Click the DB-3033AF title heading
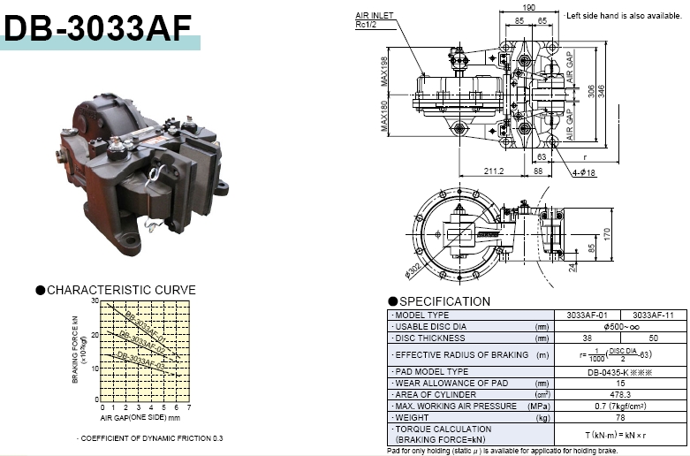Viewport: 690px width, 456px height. click(98, 27)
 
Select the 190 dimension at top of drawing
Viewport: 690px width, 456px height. click(529, 7)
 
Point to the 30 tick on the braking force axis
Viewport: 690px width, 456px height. click(95, 301)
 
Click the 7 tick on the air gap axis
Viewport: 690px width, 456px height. click(189, 407)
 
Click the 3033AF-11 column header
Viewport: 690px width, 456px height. click(652, 315)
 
